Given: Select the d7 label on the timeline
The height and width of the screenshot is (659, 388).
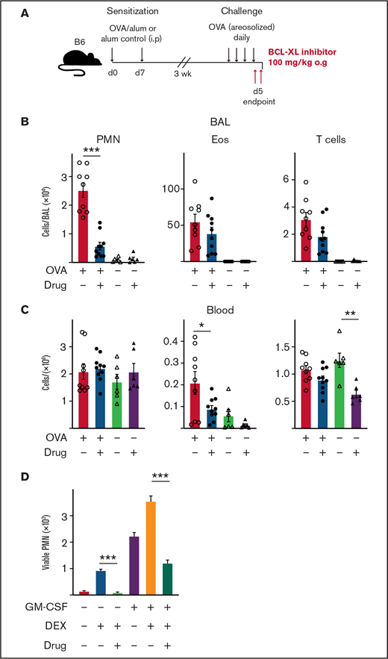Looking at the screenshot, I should point(142,72).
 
